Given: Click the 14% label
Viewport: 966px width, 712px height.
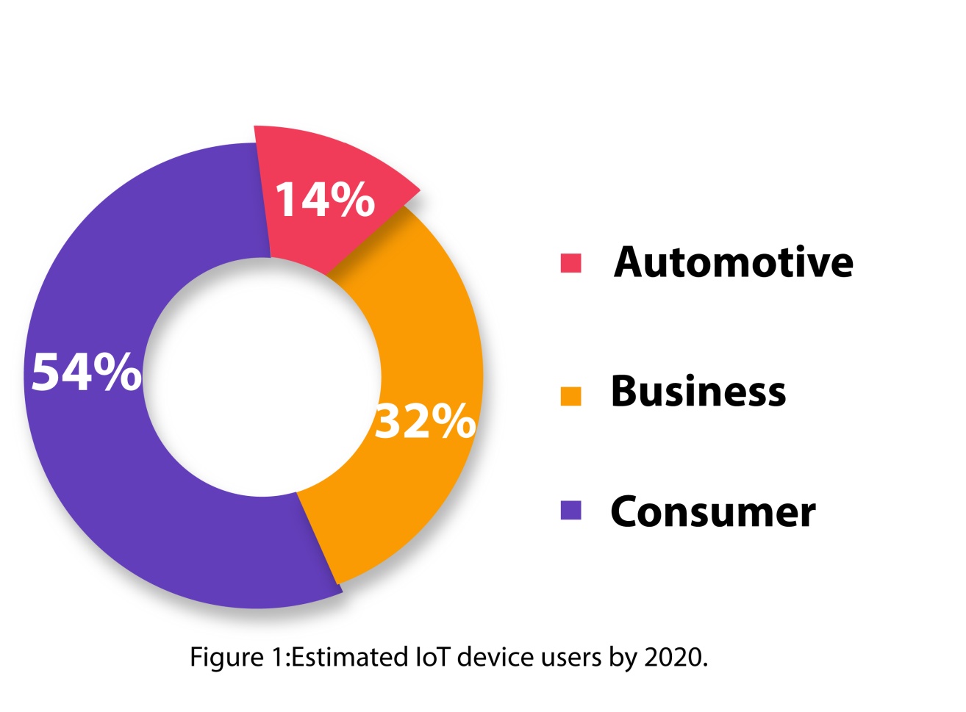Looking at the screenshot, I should click(324, 199).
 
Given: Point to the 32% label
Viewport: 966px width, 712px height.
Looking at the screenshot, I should click(425, 422).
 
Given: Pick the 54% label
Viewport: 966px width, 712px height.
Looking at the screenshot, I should click(86, 372).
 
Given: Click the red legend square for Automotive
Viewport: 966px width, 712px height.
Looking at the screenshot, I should click(570, 262).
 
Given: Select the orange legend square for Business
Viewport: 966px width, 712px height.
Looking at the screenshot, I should click(570, 395).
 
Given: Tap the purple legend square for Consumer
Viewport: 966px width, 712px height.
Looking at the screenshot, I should click(570, 510).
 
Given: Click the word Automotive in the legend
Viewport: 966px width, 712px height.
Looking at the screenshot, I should click(734, 262).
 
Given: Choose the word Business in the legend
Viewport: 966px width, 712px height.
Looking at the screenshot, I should click(698, 392).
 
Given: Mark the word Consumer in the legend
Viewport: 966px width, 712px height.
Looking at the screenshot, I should click(712, 512).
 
